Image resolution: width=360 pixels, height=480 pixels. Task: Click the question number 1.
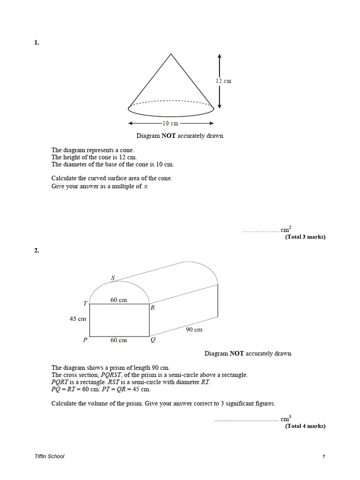[37, 43]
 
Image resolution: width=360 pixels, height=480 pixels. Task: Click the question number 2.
[37, 250]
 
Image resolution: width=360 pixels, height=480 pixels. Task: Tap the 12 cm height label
[224, 81]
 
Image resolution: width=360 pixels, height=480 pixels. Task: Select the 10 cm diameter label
[171, 123]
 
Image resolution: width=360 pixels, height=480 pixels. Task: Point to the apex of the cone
[171, 54]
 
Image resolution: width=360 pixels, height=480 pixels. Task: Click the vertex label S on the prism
[112, 277]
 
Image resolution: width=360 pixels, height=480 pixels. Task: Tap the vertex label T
[85, 303]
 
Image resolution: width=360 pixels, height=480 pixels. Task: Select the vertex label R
[152, 308]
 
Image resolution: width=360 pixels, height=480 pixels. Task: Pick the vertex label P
[85, 340]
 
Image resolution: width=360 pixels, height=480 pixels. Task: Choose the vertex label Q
[153, 340]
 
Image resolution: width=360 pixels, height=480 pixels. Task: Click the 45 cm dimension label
[78, 319]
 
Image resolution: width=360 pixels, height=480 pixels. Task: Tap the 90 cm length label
[195, 330]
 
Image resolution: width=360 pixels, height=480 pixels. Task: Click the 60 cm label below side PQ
[119, 340]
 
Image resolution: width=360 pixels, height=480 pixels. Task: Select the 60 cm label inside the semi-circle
[119, 300]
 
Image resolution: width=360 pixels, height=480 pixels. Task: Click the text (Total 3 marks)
[305, 237]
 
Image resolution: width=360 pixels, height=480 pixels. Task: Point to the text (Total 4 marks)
[305, 426]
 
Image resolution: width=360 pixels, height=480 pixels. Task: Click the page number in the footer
[323, 456]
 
